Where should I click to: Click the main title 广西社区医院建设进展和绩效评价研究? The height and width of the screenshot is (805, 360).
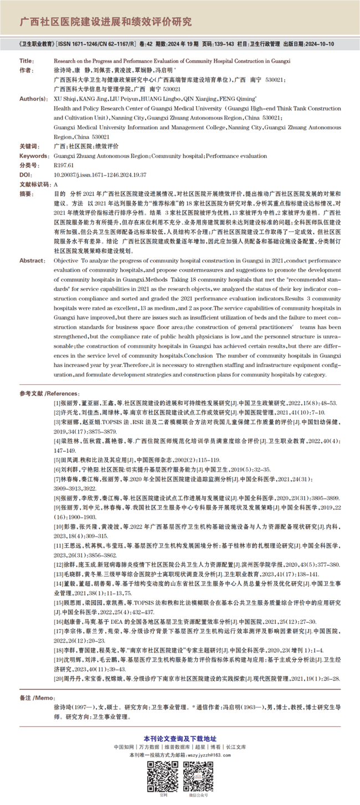(x=106, y=22)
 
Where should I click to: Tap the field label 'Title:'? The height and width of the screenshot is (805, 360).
(x=26, y=61)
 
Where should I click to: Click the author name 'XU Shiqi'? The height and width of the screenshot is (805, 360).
(x=66, y=99)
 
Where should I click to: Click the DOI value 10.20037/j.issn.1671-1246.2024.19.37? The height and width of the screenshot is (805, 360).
(x=100, y=174)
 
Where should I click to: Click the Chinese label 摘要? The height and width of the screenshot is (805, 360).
(x=26, y=194)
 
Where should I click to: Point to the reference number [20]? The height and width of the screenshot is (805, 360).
(x=58, y=678)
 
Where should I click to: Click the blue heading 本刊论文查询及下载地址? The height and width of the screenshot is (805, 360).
(x=180, y=739)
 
